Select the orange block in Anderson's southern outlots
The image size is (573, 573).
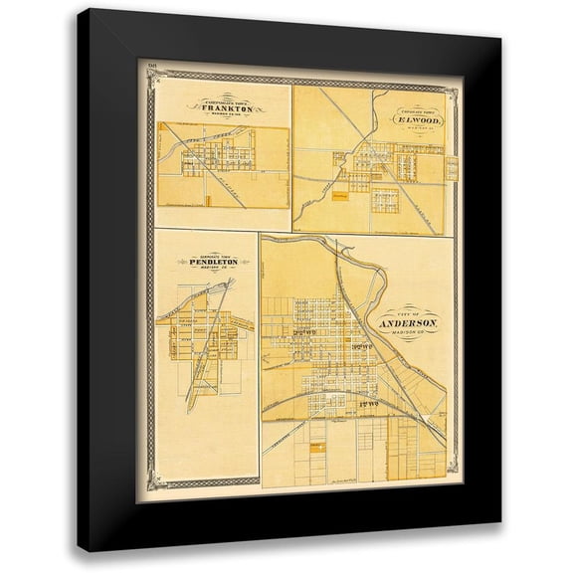point(315,449)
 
